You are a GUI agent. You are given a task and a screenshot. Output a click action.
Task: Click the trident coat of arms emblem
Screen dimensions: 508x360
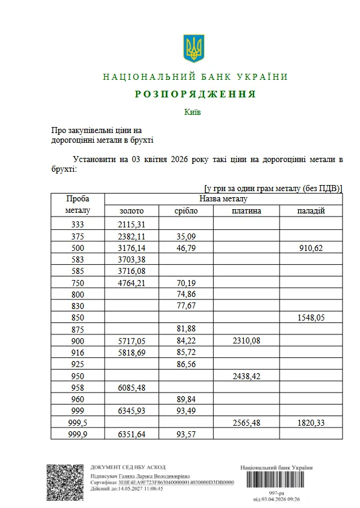pos(194,48)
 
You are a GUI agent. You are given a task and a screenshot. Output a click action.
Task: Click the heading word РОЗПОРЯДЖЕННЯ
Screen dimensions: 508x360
pos(195,94)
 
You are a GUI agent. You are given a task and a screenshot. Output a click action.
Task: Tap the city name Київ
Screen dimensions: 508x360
pos(192,112)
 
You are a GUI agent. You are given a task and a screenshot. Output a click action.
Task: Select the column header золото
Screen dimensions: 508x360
pos(131,211)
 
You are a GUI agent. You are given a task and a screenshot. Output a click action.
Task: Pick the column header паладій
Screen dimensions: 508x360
pos(311,211)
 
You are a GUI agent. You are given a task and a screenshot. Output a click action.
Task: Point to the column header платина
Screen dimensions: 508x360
pos(246,211)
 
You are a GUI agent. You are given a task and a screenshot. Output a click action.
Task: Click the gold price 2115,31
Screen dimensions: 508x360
pos(131,224)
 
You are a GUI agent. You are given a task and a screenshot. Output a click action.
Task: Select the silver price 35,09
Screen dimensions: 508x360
pos(186,236)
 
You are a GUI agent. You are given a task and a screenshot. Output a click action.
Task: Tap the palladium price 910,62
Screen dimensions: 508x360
pos(311,248)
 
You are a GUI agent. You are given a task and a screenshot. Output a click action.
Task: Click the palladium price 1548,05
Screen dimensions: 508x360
pos(311,317)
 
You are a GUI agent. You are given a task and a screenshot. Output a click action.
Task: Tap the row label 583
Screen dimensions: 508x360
pos(77,259)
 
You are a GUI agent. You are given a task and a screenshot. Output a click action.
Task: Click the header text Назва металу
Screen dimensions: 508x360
pos(223,199)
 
